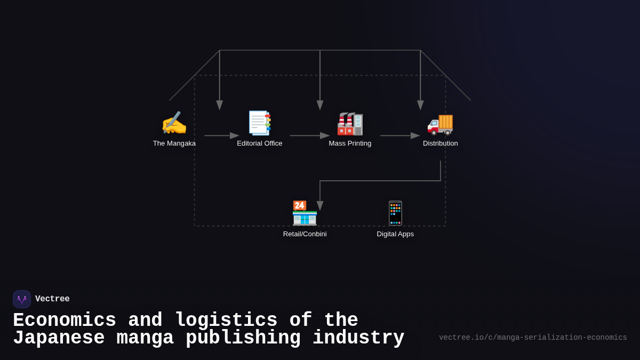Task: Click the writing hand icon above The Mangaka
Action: pos(174,123)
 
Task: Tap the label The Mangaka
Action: pos(174,143)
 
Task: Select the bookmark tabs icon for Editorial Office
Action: pos(260,123)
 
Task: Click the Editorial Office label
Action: pos(260,143)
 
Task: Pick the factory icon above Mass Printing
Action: pos(350,123)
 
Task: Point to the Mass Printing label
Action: pos(350,143)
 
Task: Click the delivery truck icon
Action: pos(441,123)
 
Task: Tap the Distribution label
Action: pos(441,143)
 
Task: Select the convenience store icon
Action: pos(305,213)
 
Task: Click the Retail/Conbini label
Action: pos(305,234)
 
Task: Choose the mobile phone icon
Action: pos(395,213)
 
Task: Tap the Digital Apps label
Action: pos(395,234)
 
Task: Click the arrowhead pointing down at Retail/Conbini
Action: pos(320,205)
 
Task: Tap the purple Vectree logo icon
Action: pos(22,299)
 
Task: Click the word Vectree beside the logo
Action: pos(52,299)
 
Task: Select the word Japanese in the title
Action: pos(59,338)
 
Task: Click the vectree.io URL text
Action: pos(533,338)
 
